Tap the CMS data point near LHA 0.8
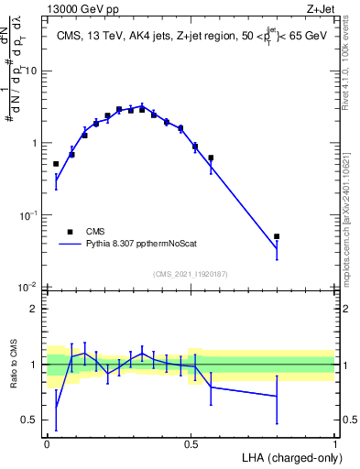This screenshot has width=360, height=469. point(277,236)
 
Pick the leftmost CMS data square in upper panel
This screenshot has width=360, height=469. point(56,164)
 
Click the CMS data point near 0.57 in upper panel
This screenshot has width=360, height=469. point(211,158)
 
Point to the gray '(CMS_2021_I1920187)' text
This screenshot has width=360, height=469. point(191,275)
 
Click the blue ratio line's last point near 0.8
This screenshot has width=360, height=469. point(277,397)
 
